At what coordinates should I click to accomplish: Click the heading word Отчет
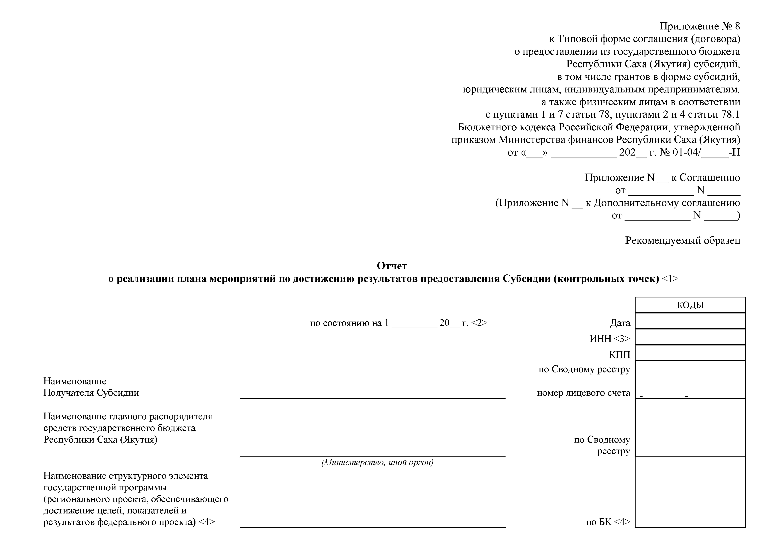coord(392,266)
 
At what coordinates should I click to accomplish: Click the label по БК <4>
coord(608,522)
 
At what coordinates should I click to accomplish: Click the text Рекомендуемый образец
coord(683,241)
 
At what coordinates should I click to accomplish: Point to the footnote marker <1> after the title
coord(670,279)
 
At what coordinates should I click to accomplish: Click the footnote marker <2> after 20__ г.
coord(479,323)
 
